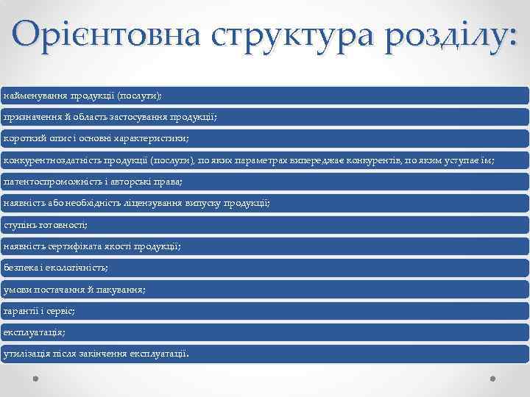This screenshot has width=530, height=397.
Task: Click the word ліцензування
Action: (152, 203)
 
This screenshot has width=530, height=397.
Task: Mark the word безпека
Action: (20, 268)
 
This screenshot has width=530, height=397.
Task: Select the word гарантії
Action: (21, 311)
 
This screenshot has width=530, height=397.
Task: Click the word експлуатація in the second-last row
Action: (33, 332)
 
